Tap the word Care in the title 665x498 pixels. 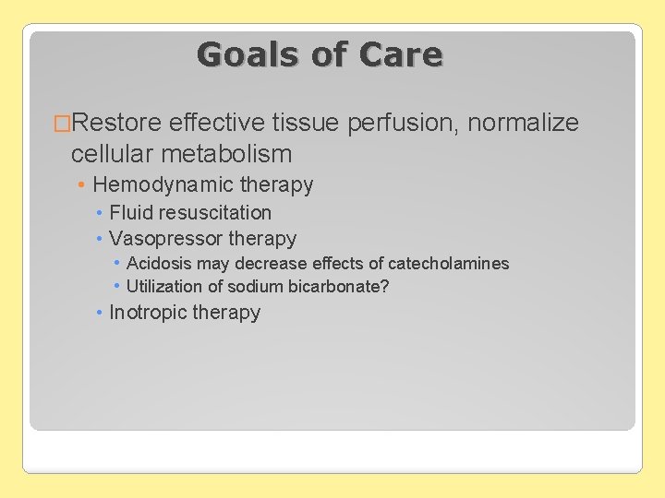[402, 54]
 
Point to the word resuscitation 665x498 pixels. [216, 212]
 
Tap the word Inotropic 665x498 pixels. [147, 313]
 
